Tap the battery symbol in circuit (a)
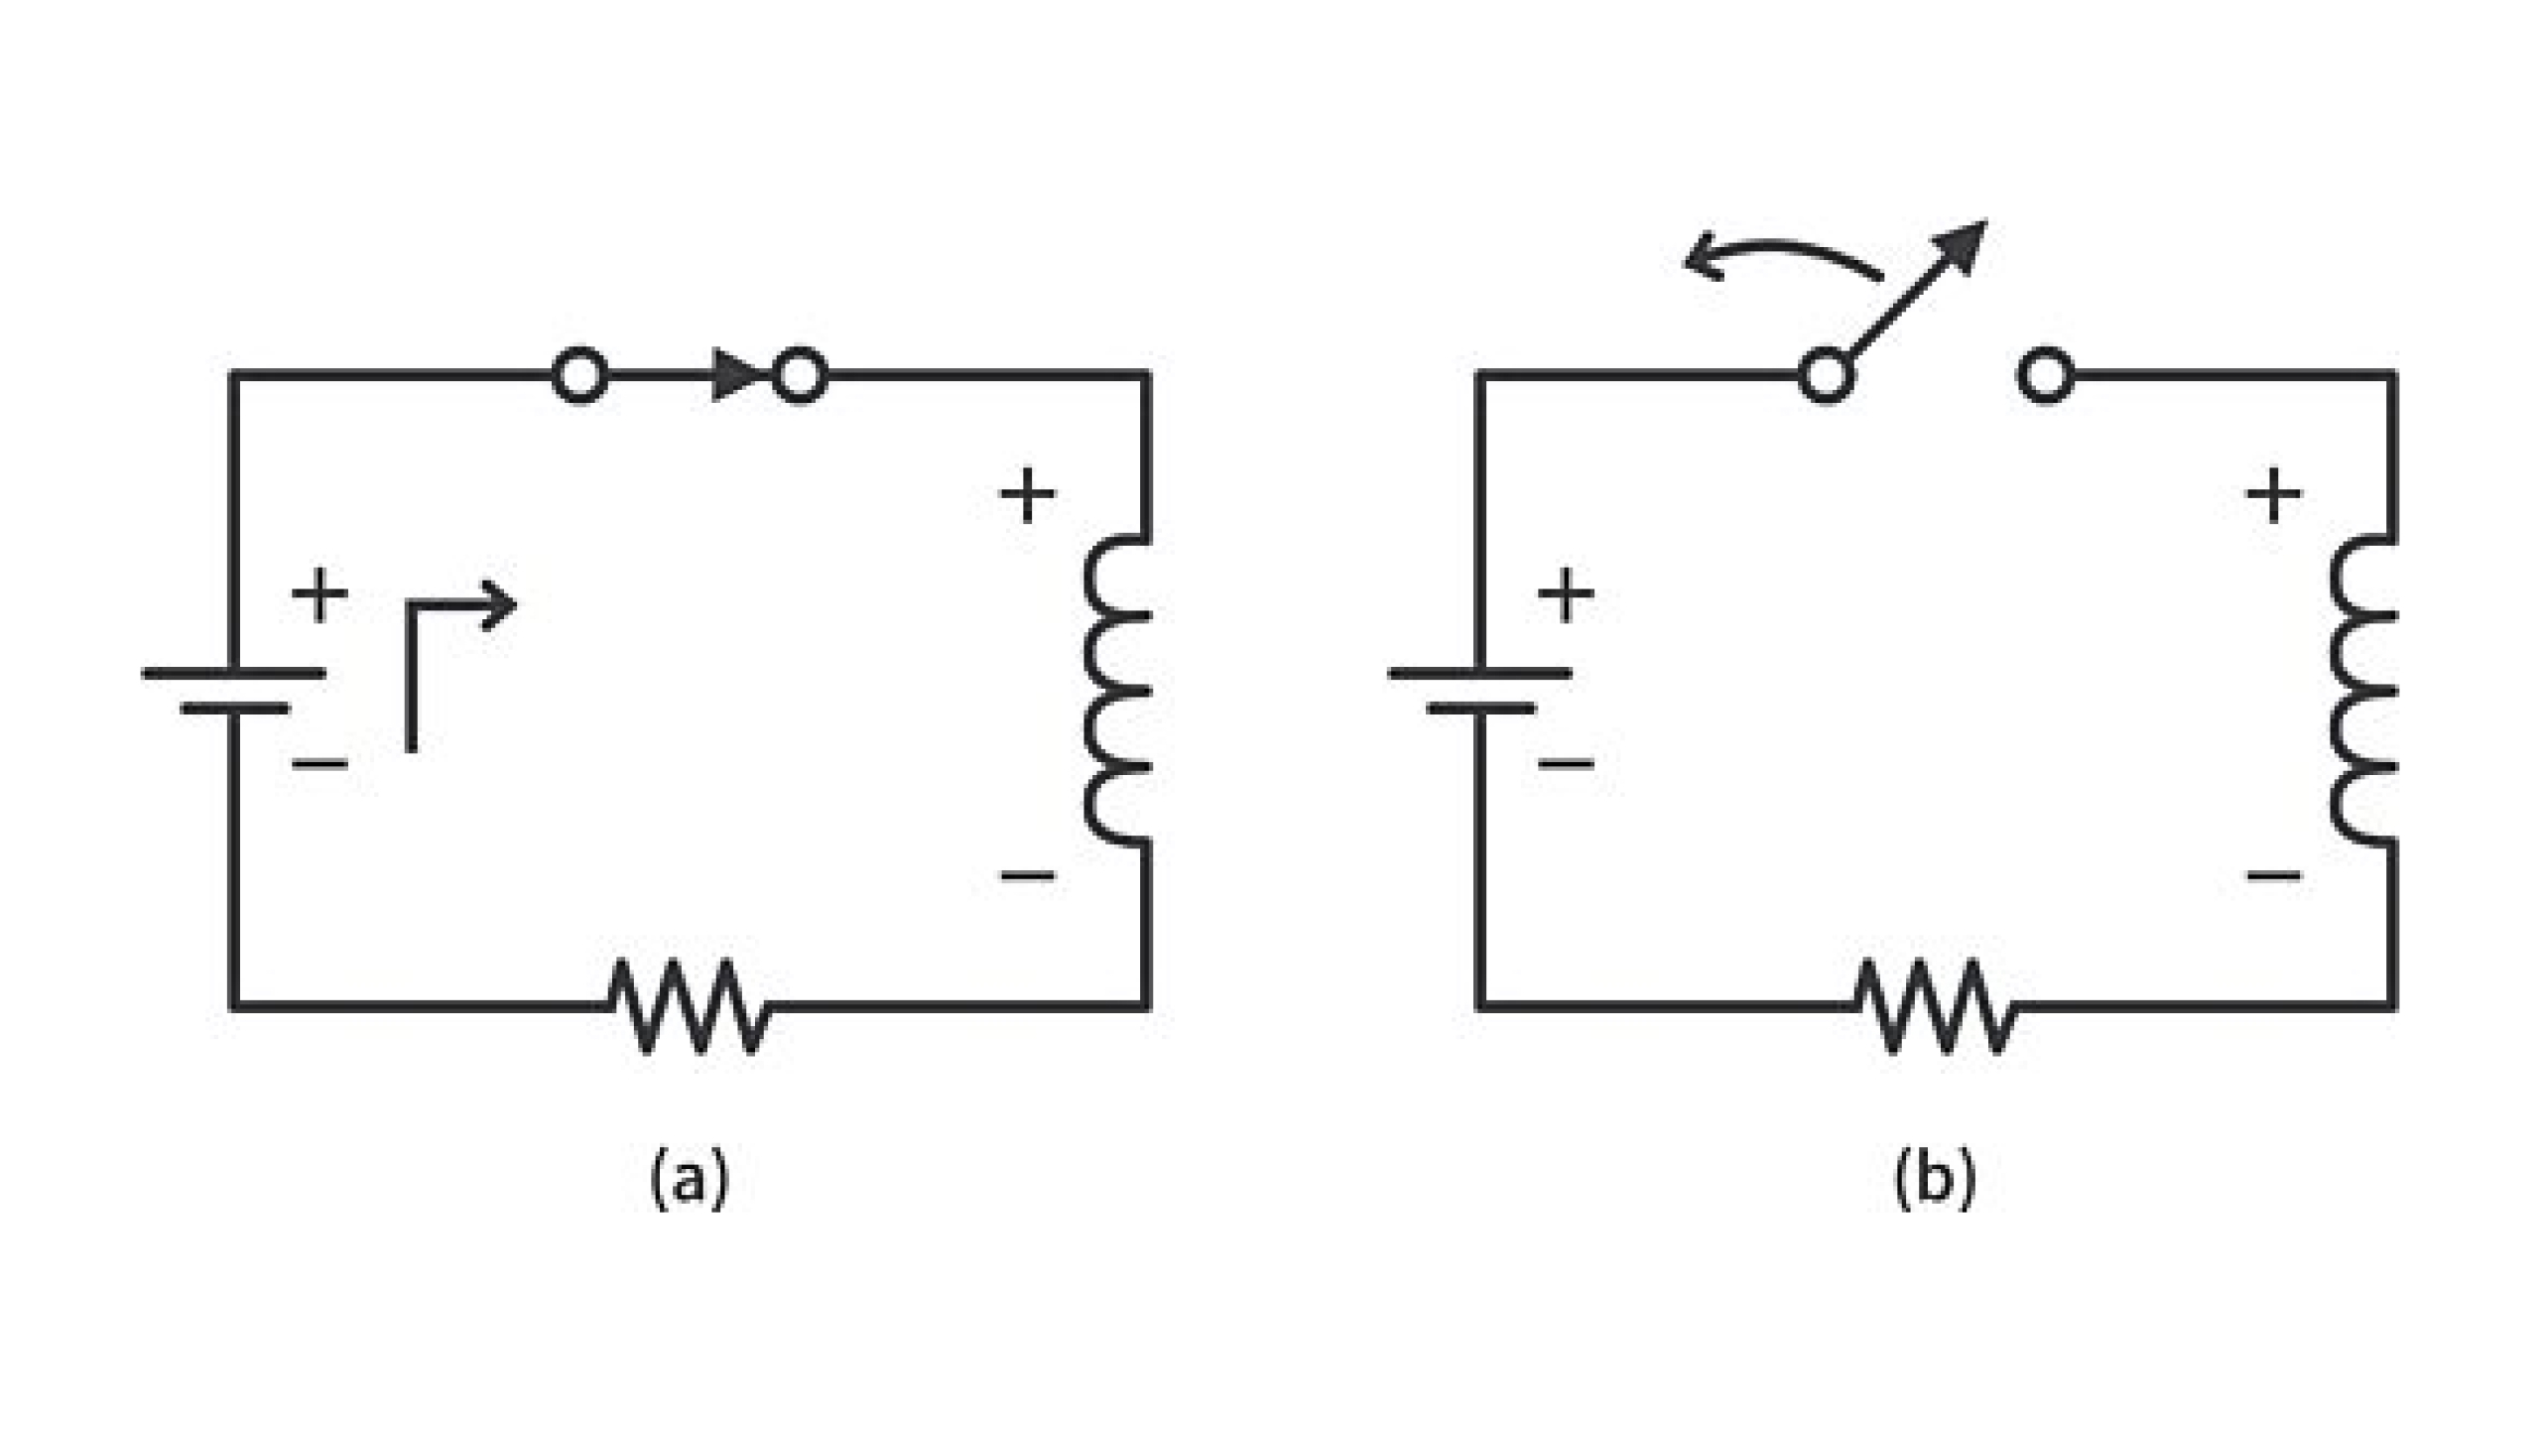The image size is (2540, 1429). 234,691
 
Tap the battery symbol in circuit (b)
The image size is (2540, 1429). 1480,691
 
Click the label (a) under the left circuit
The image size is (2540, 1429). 690,1178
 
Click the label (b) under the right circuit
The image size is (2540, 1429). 1935,1178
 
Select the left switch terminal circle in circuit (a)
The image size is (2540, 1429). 579,375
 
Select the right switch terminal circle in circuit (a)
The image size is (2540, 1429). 800,375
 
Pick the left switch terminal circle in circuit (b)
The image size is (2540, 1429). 1826,375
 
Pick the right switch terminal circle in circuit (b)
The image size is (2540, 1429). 2046,375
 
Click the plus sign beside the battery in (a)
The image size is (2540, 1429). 319,595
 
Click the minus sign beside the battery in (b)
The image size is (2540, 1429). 1566,763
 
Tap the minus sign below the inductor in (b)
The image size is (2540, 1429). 2273,875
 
